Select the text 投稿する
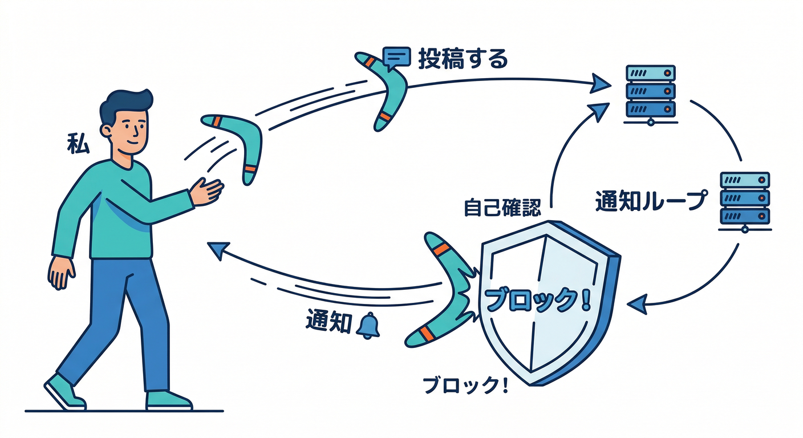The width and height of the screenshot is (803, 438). [463, 59]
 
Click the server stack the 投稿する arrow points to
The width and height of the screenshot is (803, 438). [650, 93]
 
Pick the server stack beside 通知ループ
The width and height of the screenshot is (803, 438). [744, 200]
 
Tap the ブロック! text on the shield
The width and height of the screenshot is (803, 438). [536, 299]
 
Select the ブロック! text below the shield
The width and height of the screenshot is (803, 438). [465, 386]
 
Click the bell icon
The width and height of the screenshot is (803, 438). [368, 326]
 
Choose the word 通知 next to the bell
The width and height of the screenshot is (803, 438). [328, 323]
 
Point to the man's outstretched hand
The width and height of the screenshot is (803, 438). [207, 190]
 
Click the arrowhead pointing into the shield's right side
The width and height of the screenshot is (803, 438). [637, 302]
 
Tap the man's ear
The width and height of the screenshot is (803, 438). [106, 131]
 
